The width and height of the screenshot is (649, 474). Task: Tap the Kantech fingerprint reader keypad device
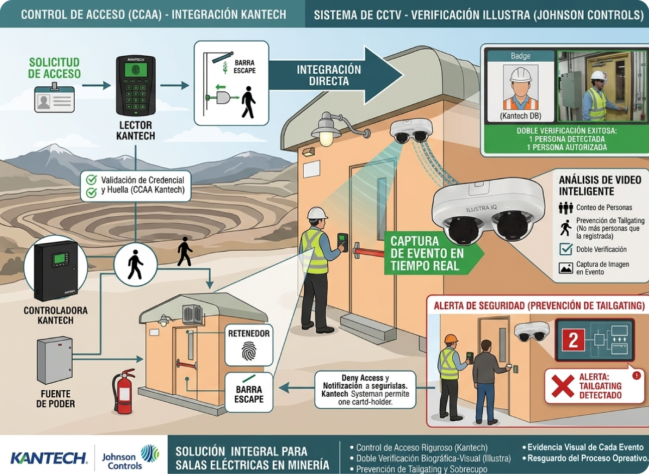136,85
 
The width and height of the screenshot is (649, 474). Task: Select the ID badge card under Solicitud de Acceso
54,98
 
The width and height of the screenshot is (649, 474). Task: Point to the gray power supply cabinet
55,361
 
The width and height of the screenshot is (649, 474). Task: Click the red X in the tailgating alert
562,386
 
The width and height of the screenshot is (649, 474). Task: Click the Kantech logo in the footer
48,457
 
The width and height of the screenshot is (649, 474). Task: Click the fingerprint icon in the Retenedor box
248,352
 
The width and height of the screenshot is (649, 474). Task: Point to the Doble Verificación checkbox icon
566,249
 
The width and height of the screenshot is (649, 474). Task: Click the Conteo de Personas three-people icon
566,208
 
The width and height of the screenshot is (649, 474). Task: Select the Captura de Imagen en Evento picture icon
566,268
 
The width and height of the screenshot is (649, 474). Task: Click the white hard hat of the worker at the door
317,213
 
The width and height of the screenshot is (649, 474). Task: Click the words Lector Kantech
136,130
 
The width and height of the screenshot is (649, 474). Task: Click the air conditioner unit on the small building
192,314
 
